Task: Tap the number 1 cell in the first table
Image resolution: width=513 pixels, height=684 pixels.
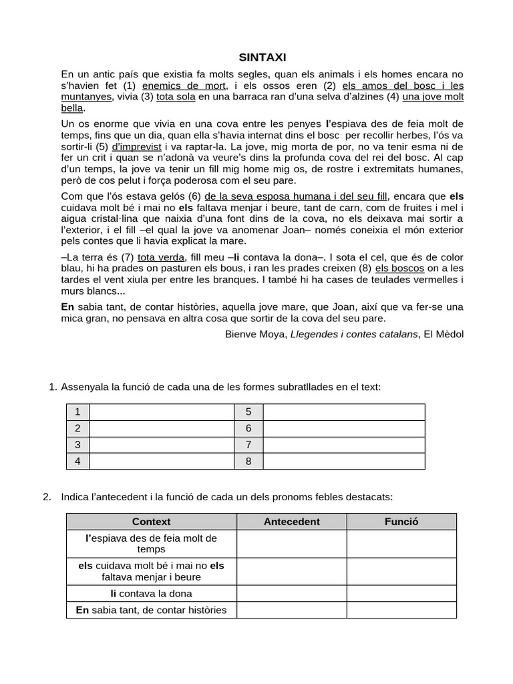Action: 78,412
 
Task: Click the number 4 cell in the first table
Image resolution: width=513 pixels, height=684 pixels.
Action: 78,461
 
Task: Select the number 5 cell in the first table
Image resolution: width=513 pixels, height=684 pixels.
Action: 248,412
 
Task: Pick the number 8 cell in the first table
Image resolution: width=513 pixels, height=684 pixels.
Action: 248,461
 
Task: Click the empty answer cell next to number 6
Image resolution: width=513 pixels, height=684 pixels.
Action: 343,428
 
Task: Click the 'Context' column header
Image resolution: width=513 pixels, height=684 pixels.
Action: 152,522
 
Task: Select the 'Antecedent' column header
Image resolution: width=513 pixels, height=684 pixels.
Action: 291,522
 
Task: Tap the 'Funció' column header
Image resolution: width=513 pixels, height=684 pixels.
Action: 401,522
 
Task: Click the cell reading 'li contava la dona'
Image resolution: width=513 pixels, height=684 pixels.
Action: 152,593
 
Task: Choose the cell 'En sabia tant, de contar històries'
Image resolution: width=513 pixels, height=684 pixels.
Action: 152,610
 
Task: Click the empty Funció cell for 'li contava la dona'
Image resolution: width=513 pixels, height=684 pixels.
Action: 401,593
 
